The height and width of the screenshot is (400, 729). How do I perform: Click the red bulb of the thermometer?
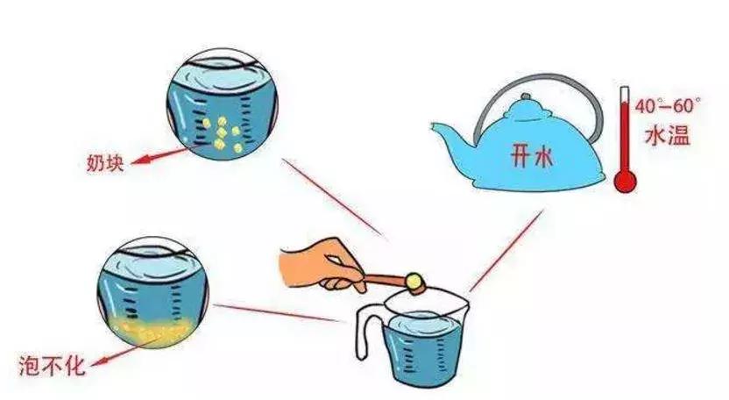point(625,181)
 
